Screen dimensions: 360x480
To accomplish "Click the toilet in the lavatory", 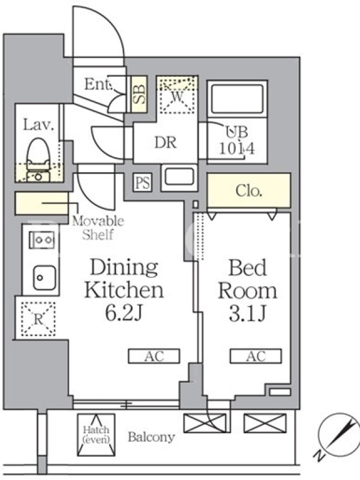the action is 38,160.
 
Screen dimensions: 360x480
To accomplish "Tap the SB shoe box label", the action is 140,94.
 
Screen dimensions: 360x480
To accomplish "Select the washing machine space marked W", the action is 177,95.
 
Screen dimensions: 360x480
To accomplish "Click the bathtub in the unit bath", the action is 237,98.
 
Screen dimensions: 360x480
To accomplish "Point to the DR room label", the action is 166,143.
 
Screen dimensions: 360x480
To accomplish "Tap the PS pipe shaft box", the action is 143,183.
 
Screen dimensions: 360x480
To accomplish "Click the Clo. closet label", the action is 248,191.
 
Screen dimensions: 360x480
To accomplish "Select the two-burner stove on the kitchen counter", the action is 42,239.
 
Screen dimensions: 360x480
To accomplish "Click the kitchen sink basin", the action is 44,278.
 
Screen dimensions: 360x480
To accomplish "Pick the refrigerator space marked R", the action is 38,319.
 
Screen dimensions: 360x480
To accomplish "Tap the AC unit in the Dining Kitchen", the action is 154,356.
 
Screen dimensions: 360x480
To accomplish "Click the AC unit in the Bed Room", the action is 256,356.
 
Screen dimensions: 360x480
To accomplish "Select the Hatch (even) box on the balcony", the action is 96,434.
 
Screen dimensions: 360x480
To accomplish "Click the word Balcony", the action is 151,437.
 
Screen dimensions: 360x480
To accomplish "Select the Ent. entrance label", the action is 98,84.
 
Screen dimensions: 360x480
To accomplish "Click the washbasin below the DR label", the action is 179,177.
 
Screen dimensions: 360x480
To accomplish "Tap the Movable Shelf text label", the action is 98,228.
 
